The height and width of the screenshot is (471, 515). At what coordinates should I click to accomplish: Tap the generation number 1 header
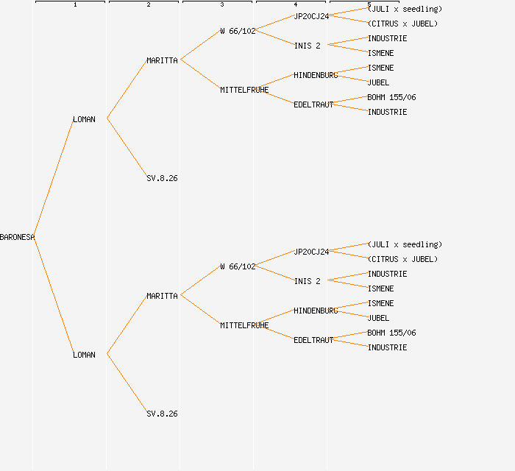tap(75, 5)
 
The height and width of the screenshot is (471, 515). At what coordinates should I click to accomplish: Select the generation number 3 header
tap(222, 5)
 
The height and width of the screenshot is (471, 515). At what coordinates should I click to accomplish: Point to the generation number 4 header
tap(296, 5)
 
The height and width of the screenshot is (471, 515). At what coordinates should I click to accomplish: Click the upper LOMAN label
tap(84, 119)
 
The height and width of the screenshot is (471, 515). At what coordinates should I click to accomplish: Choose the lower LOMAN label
tap(84, 355)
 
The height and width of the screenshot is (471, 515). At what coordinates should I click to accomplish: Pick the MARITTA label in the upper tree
tap(162, 60)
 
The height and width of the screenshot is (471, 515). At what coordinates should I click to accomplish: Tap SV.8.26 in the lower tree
tap(162, 414)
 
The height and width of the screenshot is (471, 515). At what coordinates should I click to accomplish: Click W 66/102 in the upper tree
tap(238, 31)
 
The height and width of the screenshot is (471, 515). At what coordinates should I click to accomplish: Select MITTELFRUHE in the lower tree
tap(244, 325)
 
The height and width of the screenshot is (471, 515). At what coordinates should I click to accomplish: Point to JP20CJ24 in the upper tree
tap(311, 16)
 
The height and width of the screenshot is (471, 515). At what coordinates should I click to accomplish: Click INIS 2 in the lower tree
tap(308, 281)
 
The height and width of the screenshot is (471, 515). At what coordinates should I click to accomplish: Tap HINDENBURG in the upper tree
tap(316, 75)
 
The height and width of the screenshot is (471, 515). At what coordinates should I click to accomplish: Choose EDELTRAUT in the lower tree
tap(313, 340)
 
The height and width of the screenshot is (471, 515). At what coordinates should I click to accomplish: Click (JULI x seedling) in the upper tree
tap(405, 9)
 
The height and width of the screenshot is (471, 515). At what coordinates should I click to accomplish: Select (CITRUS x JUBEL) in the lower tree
tap(402, 259)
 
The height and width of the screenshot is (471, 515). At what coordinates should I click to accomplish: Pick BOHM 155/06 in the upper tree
tap(391, 97)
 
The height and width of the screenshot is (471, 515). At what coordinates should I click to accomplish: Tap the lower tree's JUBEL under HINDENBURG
tap(378, 318)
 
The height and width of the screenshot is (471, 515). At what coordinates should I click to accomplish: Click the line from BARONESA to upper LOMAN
tap(54, 178)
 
